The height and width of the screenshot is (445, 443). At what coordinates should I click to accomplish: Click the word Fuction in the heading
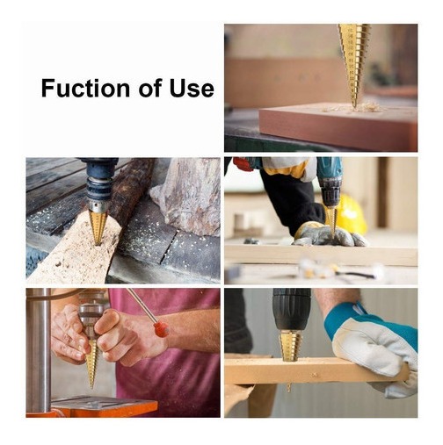(x=85, y=88)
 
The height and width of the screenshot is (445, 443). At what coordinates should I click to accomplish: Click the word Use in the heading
(x=192, y=88)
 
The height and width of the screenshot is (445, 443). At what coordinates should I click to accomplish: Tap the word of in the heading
(x=149, y=88)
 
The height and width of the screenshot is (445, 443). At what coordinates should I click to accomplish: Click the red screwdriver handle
(x=161, y=329)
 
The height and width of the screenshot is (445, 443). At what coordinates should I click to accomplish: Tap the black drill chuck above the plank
(x=291, y=309)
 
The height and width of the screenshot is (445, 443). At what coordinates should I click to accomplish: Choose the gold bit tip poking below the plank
(x=289, y=388)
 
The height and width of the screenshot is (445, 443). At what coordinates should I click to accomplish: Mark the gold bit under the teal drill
(x=331, y=221)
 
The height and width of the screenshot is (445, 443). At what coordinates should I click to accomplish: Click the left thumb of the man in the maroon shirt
(x=108, y=319)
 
